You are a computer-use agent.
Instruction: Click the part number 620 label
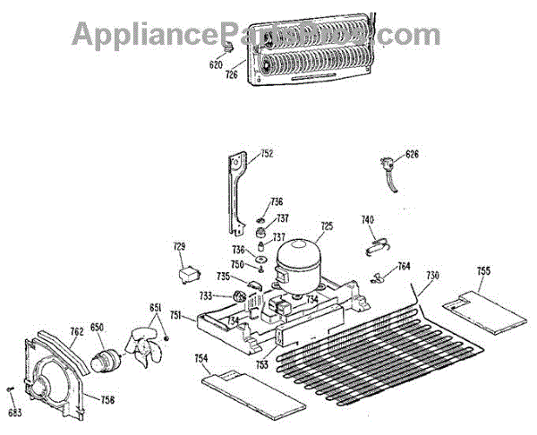(216, 64)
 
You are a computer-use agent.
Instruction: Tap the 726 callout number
(232, 75)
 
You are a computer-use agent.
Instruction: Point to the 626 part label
(412, 154)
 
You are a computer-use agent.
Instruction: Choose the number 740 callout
(367, 219)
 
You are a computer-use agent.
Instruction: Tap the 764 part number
(404, 266)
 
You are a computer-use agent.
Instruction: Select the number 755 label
(483, 270)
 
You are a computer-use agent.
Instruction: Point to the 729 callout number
(179, 246)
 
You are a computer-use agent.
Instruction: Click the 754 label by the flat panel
(200, 359)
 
